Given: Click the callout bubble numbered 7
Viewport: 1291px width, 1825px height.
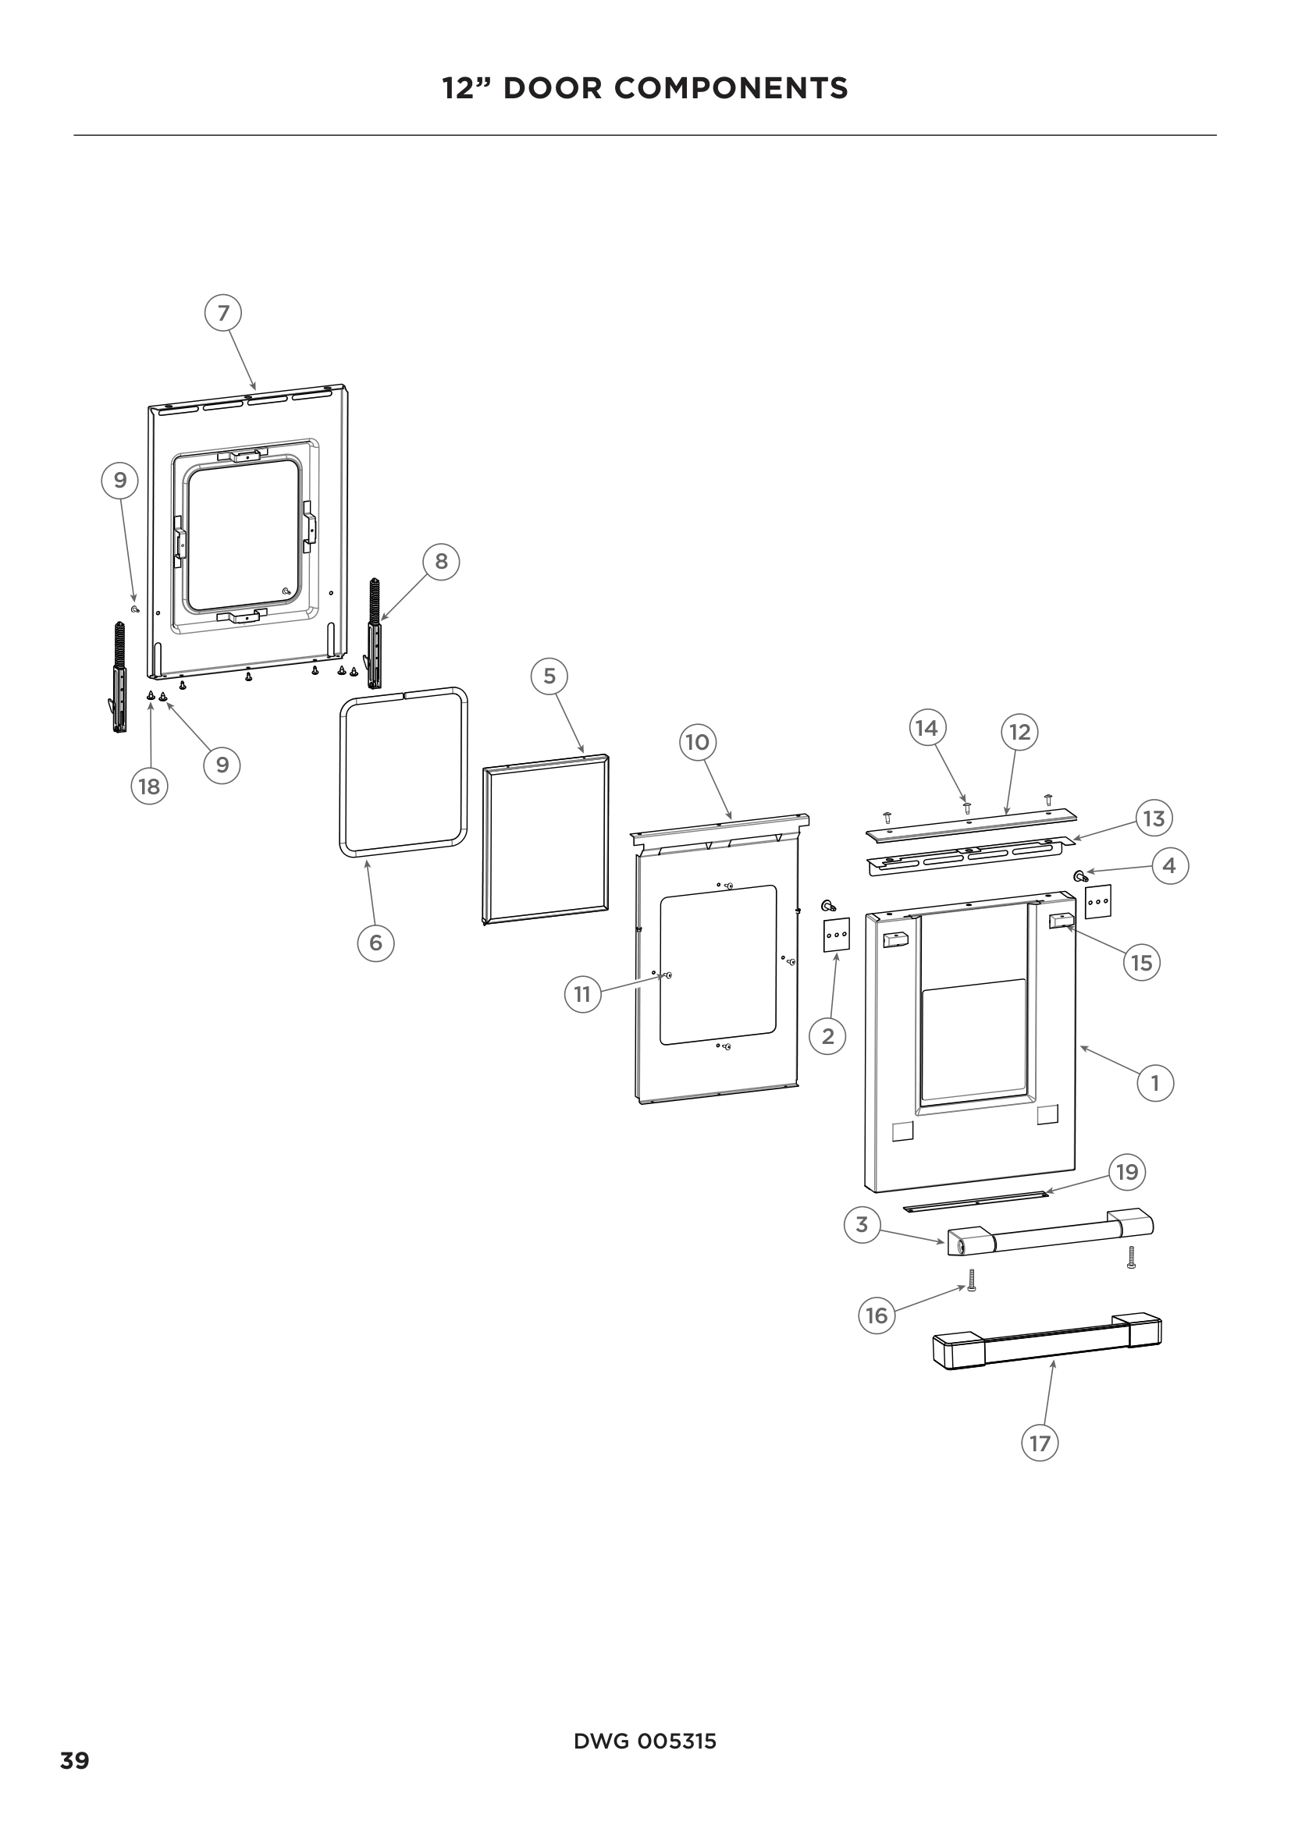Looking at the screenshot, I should (x=223, y=313).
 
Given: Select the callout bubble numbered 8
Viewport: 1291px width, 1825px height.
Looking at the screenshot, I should (x=440, y=562).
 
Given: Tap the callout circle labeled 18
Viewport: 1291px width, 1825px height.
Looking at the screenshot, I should (x=148, y=787).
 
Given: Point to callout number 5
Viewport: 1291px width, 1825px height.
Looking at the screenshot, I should (x=549, y=676).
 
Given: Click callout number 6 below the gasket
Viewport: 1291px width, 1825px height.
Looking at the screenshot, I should (x=375, y=943).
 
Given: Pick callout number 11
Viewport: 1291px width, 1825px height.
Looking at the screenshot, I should (x=583, y=993).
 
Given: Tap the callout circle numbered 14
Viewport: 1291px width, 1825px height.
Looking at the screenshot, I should (x=927, y=728).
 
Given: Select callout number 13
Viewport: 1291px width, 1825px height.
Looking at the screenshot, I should (x=1154, y=818).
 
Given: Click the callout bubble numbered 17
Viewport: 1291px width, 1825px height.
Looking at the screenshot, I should (x=1040, y=1443).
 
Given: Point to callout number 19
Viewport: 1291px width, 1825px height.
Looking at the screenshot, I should (x=1127, y=1172).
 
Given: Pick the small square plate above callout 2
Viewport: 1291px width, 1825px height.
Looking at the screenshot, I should (x=836, y=935).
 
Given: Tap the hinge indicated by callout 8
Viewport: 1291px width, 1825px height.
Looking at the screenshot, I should (x=373, y=636).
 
